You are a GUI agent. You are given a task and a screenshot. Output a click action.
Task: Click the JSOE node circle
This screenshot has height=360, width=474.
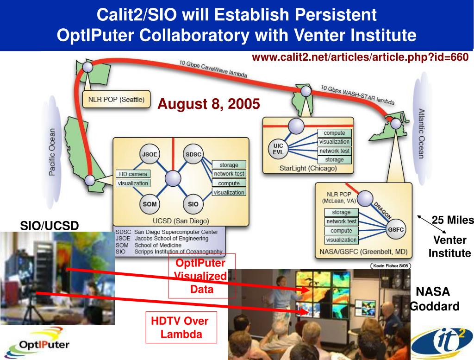click(x=150, y=154)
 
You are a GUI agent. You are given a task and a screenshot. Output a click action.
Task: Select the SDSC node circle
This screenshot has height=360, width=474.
click(x=193, y=154)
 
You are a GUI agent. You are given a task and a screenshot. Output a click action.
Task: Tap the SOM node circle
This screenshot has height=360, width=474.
click(x=150, y=204)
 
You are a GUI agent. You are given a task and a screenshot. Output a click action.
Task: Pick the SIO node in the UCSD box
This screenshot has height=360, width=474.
click(x=193, y=204)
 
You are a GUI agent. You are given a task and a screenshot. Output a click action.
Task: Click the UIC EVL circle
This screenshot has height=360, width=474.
click(x=278, y=149)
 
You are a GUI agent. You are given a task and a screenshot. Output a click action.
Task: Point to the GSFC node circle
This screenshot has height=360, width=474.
click(x=396, y=229)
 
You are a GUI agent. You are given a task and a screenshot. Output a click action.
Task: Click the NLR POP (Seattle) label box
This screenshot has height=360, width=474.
click(x=116, y=99)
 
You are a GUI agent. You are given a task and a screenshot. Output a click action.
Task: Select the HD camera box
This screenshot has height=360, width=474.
click(x=133, y=174)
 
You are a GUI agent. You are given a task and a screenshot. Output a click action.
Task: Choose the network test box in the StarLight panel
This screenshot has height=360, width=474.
click(x=334, y=151)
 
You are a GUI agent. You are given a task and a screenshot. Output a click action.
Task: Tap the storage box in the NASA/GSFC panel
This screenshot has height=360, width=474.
click(x=341, y=212)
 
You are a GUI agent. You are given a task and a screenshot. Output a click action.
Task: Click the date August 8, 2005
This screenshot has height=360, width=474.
click(x=209, y=104)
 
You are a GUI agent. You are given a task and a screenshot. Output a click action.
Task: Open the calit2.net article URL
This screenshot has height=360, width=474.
click(x=360, y=57)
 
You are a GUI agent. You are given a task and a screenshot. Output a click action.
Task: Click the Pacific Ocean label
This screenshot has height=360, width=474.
click(x=52, y=152)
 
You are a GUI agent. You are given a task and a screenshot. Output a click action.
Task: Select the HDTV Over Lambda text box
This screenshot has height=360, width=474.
click(x=181, y=327)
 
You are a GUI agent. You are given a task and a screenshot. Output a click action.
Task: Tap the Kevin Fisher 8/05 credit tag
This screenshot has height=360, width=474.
click(x=390, y=265)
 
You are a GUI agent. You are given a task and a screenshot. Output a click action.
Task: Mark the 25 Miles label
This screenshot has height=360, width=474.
click(x=453, y=220)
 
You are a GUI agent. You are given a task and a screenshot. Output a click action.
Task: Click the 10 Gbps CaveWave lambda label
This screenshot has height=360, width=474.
click(x=213, y=69)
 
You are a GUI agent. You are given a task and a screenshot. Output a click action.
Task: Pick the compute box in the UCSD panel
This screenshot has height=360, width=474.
click(x=229, y=183)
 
